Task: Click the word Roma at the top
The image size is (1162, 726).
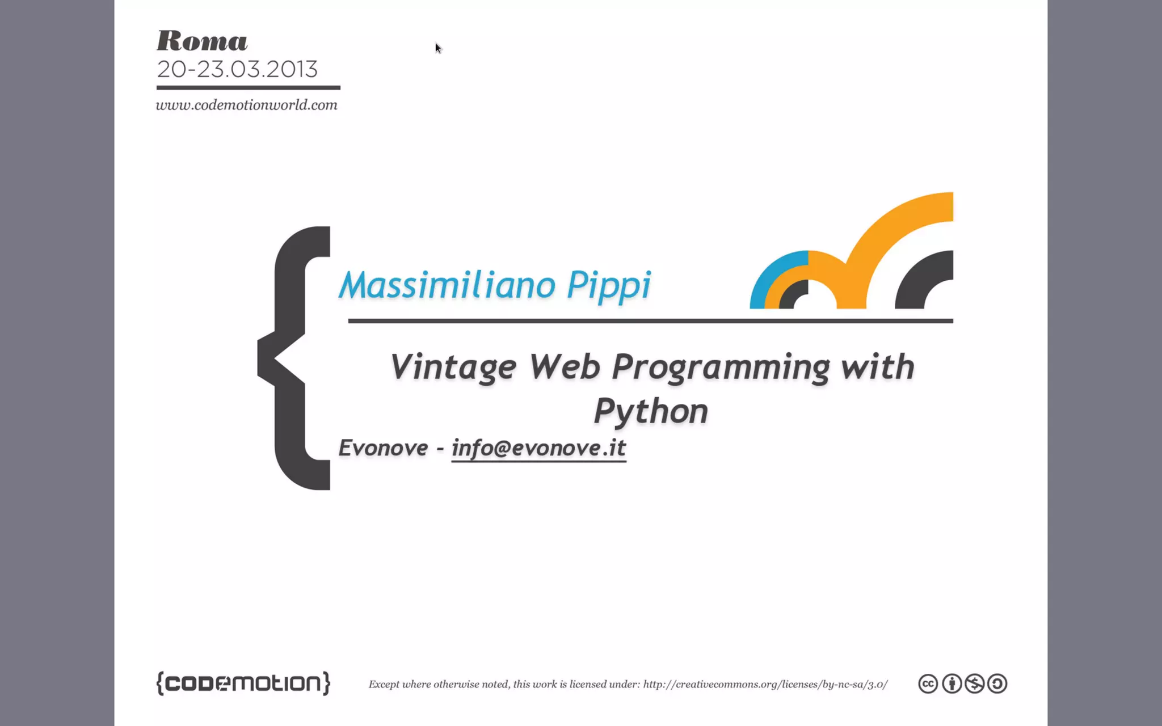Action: (x=202, y=41)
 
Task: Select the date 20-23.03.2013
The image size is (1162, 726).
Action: (x=237, y=69)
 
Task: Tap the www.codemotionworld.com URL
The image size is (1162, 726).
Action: (x=246, y=105)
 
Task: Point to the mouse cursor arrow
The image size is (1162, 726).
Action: (x=437, y=48)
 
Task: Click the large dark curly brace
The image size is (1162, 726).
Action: (x=289, y=357)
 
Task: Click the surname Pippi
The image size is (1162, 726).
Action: (x=609, y=285)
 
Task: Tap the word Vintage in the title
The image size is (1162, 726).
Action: (x=453, y=367)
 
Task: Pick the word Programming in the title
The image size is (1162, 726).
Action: (x=721, y=367)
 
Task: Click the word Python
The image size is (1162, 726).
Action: (x=651, y=411)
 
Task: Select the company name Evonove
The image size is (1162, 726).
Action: (x=383, y=448)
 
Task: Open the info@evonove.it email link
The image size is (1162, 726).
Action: (x=538, y=448)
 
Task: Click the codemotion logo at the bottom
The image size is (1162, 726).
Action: (x=243, y=683)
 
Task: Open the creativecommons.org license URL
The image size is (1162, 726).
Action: (x=765, y=684)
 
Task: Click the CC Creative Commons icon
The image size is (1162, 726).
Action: (x=928, y=683)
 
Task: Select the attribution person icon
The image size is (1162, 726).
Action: (x=952, y=683)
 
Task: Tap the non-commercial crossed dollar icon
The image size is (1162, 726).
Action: (x=974, y=683)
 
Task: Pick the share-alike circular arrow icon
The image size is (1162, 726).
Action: (x=997, y=683)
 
